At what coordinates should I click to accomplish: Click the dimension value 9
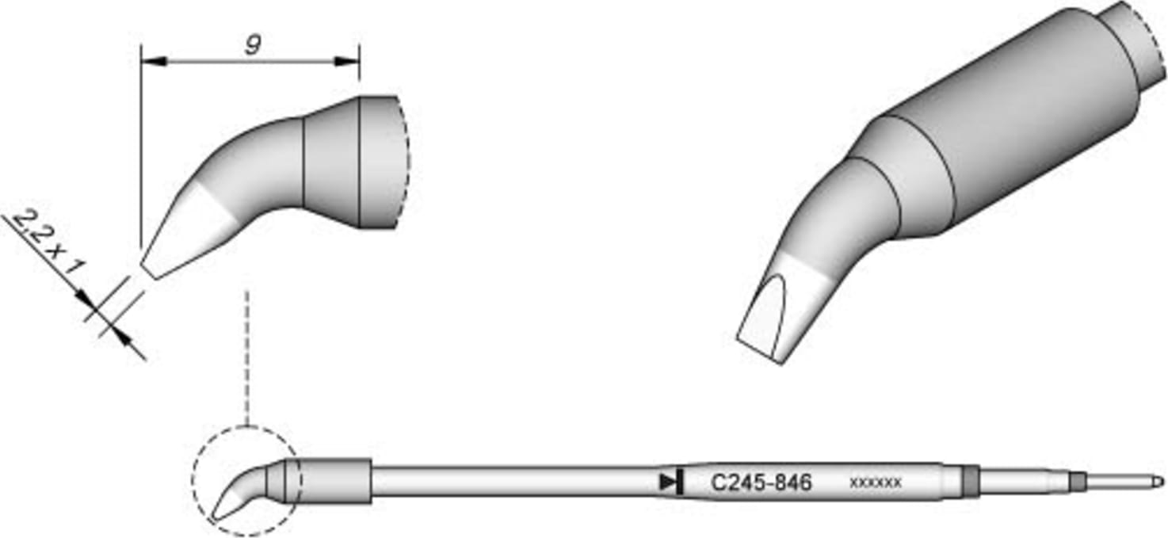coord(251,46)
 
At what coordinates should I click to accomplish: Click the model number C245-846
coord(761,482)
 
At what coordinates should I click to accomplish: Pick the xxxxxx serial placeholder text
coord(875,482)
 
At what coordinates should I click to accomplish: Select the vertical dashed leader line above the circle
coord(247,357)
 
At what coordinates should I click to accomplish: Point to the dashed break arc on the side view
coord(405,162)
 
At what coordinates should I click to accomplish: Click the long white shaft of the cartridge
coord(515,481)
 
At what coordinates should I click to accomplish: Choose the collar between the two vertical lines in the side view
coord(331,162)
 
